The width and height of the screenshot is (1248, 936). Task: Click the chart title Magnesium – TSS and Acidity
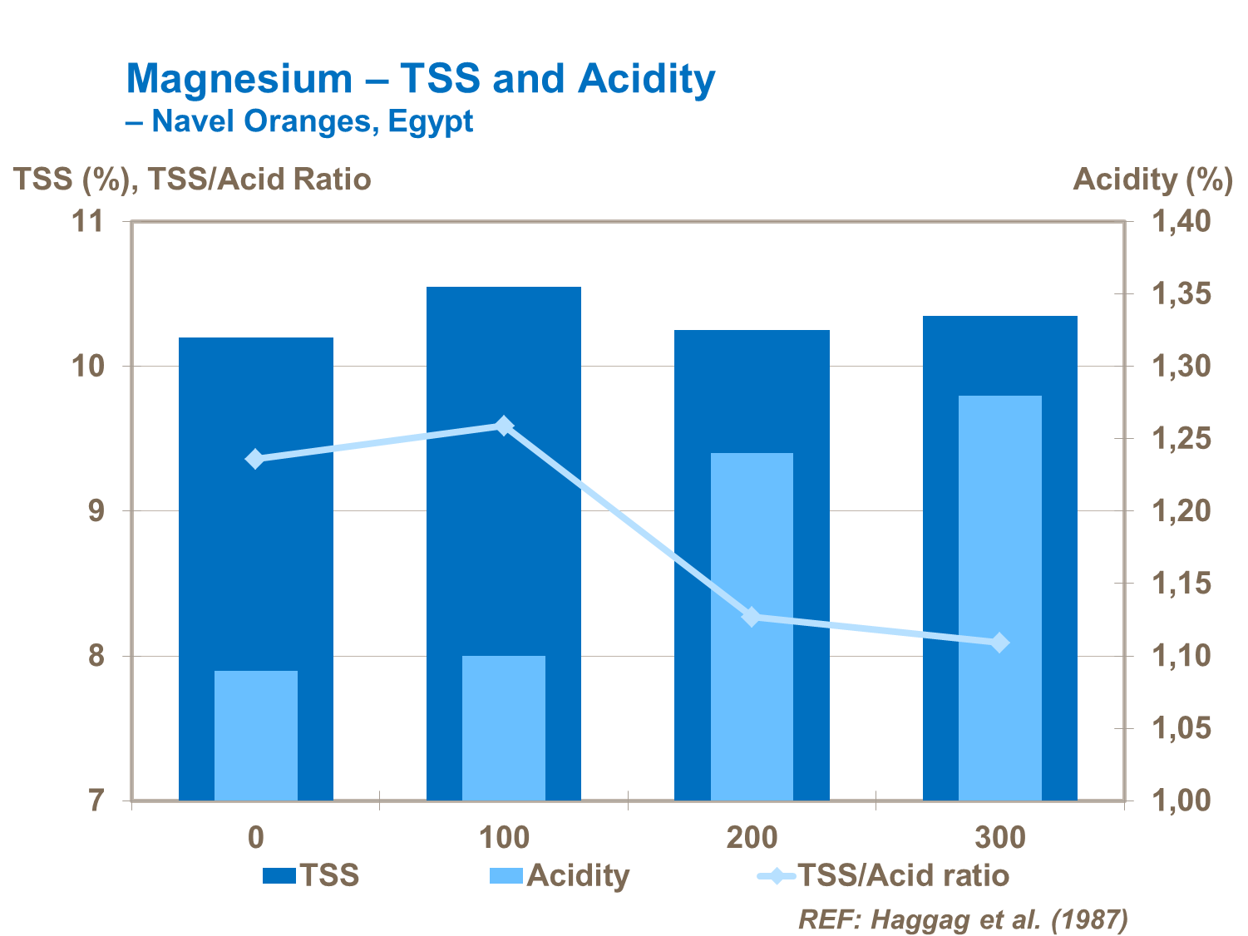coord(420,79)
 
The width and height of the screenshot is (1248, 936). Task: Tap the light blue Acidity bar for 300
coord(999,598)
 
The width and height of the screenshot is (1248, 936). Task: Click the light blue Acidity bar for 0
coord(255,735)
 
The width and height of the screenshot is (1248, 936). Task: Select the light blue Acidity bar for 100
coord(503,727)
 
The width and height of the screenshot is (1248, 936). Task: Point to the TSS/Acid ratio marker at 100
coord(503,426)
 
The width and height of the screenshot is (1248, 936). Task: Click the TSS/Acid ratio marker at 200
coord(752,617)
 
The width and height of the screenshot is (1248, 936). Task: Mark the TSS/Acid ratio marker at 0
coord(255,459)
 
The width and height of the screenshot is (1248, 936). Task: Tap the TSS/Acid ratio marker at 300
coord(999,643)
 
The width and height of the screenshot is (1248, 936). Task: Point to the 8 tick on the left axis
coord(96,656)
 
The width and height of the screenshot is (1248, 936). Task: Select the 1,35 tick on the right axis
coord(1181,293)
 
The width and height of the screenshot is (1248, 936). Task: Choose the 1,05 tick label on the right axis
coord(1181,729)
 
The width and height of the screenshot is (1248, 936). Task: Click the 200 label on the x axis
coord(752,837)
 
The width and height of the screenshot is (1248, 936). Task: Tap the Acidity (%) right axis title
coord(1152,180)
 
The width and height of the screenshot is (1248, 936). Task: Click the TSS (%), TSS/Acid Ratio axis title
coord(192,180)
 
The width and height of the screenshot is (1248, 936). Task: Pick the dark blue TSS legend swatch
coord(279,875)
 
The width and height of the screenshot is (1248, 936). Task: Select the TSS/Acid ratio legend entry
coord(902,875)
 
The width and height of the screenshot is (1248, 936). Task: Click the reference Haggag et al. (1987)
coord(963,919)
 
